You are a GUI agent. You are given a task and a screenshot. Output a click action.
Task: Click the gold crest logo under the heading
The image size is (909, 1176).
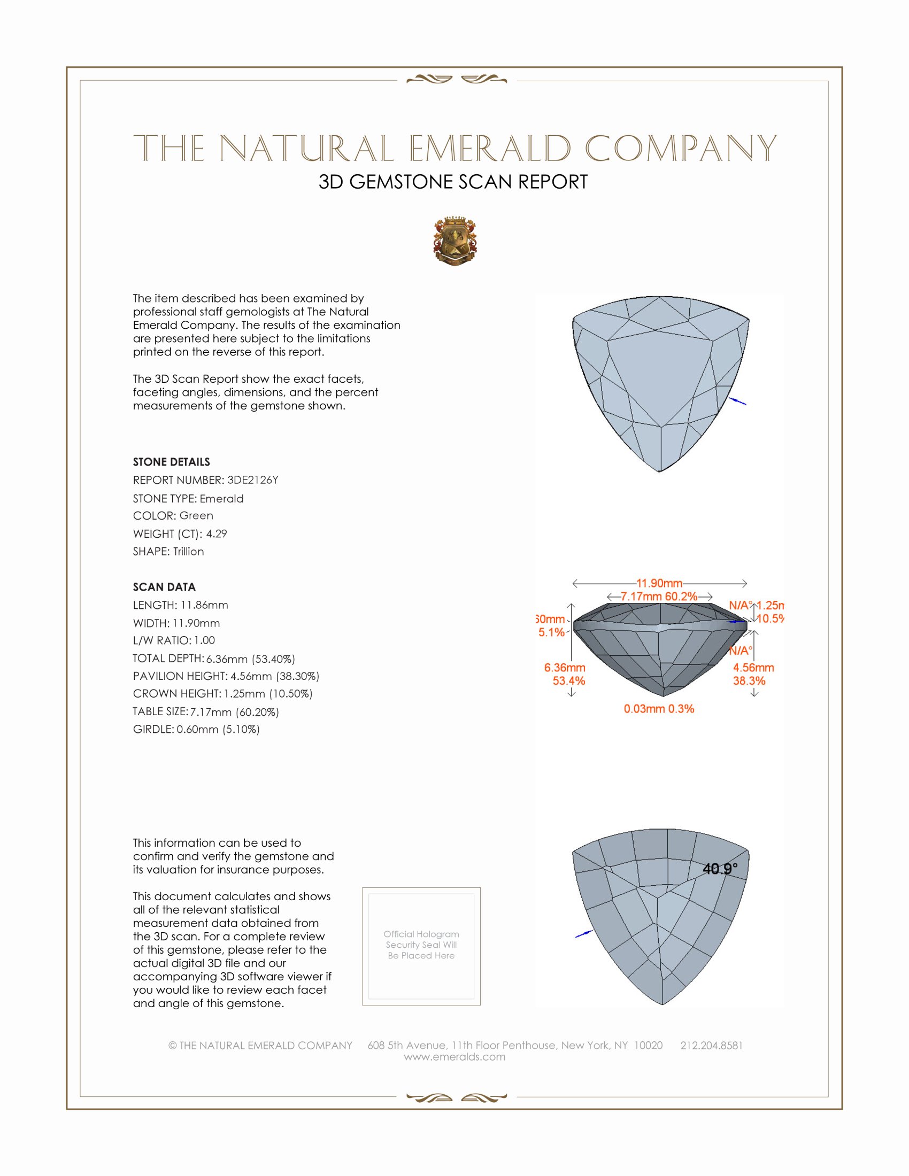point(455,241)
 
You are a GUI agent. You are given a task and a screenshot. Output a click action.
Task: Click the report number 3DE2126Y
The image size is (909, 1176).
point(252,480)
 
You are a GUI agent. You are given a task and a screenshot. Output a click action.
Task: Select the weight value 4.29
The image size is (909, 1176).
point(217,533)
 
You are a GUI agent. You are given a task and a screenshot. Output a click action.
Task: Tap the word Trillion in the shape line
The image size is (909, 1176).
point(188,552)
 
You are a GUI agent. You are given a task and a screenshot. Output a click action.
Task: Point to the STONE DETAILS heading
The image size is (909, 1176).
point(171,462)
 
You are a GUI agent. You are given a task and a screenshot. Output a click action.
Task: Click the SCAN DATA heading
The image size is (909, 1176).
point(164,587)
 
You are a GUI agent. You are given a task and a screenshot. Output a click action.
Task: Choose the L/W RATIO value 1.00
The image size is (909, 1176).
point(204,640)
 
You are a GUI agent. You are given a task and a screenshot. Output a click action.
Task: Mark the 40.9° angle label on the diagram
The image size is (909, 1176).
point(720,869)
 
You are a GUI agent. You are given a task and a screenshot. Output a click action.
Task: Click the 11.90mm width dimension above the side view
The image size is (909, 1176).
point(659,583)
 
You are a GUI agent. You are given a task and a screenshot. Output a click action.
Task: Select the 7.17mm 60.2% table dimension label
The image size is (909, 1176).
point(659,597)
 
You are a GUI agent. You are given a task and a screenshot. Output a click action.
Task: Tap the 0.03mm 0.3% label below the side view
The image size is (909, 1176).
point(659,709)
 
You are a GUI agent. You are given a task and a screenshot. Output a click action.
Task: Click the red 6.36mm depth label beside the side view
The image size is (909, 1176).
point(564,668)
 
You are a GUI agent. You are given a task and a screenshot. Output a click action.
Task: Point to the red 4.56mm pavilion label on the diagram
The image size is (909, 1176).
point(753,668)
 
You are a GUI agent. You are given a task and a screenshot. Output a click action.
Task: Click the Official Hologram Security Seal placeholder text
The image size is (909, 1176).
point(421,945)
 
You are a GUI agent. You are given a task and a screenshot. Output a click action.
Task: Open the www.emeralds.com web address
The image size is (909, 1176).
point(454,1056)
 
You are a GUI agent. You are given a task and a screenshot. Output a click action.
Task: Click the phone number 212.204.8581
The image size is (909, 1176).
point(711,1045)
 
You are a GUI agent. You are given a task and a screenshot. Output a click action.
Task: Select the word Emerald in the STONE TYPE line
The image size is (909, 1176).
point(221,499)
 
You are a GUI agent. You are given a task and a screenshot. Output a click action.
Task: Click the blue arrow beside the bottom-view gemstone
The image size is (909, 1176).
point(584,934)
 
